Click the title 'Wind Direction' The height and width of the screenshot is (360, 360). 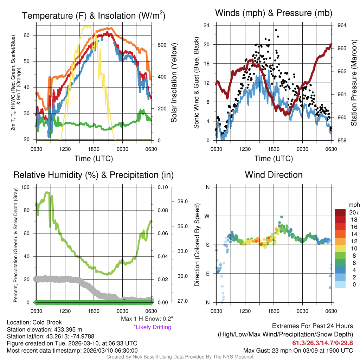[x=274, y=175]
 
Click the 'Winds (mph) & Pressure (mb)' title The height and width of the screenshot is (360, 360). [x=274, y=13]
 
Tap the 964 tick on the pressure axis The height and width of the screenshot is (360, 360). [x=342, y=25]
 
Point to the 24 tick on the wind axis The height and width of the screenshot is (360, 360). [x=207, y=25]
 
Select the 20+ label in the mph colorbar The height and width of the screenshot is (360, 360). [x=353, y=213]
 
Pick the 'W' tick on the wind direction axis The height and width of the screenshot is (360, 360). [x=207, y=216]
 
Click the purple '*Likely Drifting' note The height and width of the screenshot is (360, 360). [x=152, y=327]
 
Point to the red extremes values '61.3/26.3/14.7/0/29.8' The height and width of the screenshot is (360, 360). [x=322, y=343]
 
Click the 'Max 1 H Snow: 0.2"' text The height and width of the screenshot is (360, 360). [x=147, y=319]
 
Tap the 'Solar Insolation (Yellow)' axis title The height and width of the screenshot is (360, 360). [x=174, y=83]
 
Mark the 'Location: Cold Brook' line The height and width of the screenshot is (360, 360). [x=34, y=322]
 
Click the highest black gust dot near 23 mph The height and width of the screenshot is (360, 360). [x=276, y=30]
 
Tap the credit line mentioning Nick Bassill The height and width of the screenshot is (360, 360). [x=180, y=357]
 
